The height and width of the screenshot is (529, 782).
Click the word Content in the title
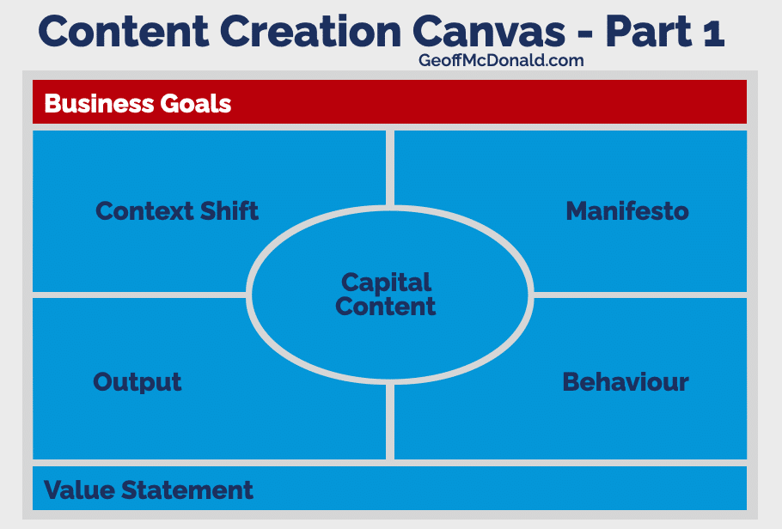(x=123, y=32)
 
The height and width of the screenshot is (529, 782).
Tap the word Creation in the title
(x=310, y=32)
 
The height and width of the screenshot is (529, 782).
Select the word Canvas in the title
(x=488, y=32)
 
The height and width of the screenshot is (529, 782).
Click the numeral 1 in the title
(x=713, y=33)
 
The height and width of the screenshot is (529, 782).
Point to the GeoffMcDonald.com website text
(x=501, y=60)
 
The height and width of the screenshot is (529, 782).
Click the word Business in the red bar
(x=99, y=104)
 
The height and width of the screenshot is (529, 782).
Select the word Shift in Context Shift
(x=229, y=211)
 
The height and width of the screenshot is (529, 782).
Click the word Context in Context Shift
(x=144, y=211)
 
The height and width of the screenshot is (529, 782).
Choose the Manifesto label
(x=627, y=211)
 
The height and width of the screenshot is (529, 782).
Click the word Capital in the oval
(x=386, y=283)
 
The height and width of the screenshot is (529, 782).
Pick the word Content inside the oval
(x=386, y=306)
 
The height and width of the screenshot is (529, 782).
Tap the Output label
(x=137, y=382)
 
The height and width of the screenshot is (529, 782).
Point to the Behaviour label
(x=626, y=382)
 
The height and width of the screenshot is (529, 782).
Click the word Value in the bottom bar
(x=79, y=489)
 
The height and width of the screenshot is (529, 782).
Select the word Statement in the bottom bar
(x=187, y=489)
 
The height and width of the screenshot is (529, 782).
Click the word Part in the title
(x=648, y=32)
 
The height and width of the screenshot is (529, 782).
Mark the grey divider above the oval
(x=390, y=168)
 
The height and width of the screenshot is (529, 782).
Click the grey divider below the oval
(x=390, y=422)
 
